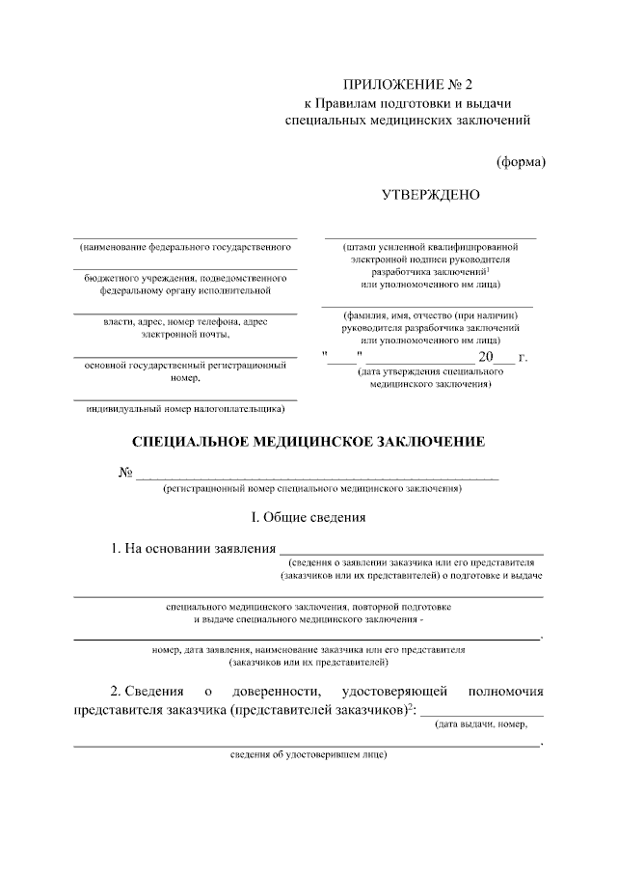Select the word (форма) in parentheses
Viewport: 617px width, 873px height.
[521, 161]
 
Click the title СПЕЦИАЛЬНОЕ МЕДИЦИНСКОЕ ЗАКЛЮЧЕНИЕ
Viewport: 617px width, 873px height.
[308, 442]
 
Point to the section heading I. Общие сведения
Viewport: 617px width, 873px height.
[308, 517]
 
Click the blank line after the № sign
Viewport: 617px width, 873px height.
[318, 475]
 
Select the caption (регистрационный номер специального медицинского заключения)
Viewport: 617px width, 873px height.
[311, 489]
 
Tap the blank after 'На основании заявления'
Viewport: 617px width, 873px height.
[412, 550]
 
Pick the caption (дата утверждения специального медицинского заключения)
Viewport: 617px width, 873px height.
[430, 377]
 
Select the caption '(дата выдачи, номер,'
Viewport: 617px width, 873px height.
[483, 724]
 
